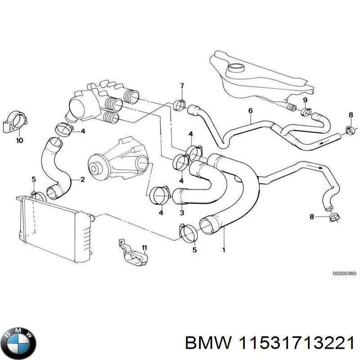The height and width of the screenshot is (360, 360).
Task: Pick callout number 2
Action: tap(83, 180)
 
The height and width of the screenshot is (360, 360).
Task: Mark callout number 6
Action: tap(250, 111)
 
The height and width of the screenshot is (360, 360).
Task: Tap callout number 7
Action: tap(182, 85)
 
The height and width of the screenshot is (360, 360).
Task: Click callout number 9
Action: tap(305, 99)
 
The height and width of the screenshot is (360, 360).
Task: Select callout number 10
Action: tap(19, 140)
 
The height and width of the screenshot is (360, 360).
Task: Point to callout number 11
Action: tap(144, 248)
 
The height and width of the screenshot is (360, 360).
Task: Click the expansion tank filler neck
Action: tap(235, 69)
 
